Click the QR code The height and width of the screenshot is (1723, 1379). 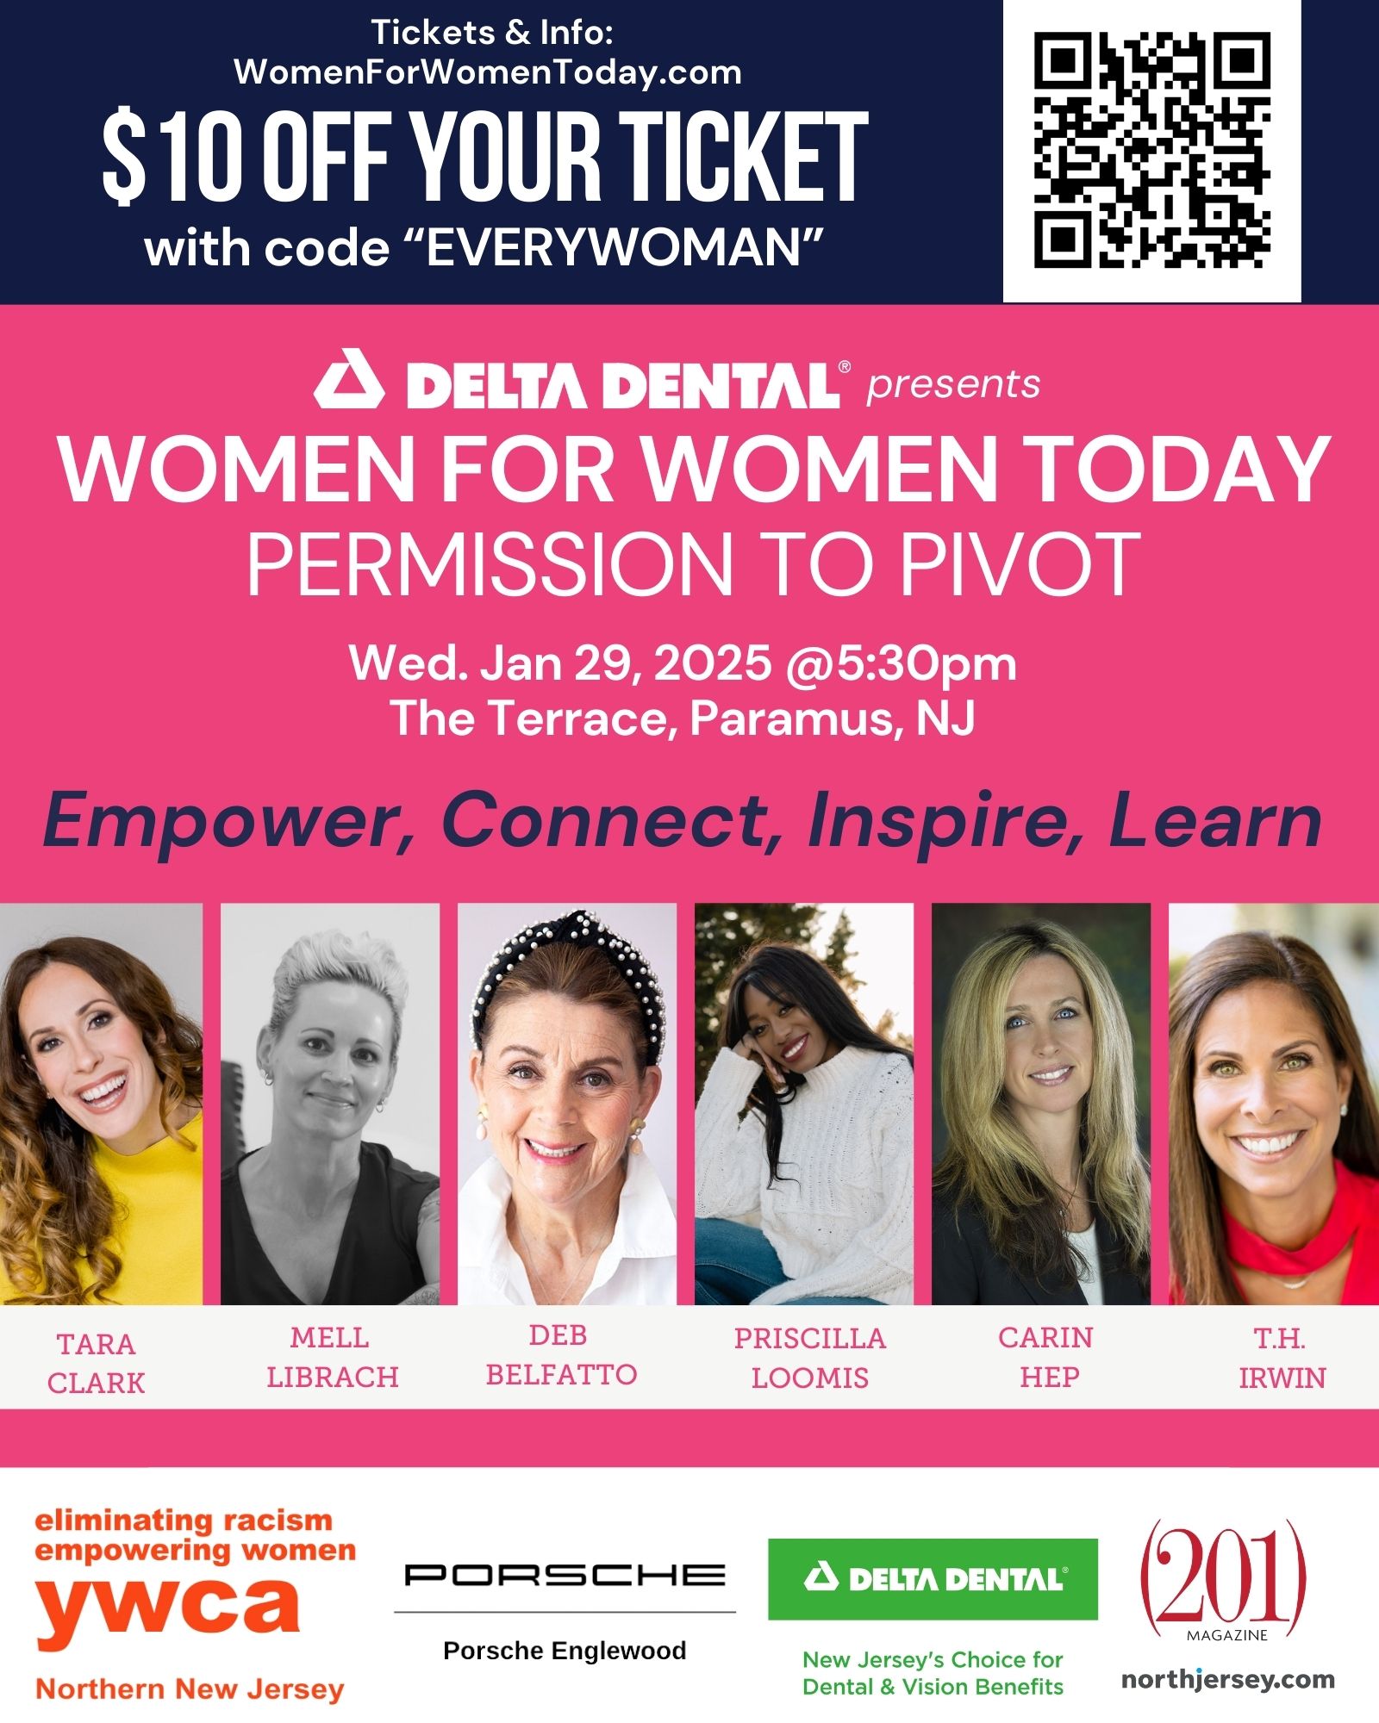[1152, 151]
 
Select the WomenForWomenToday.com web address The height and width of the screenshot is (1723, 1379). [488, 72]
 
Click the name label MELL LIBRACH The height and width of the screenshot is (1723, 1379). [332, 1358]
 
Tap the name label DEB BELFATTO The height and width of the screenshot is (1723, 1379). [561, 1355]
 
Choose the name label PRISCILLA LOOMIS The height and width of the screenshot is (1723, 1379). [809, 1358]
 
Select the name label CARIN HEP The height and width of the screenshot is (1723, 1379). [1046, 1358]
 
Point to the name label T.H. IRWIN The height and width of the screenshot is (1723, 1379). [1282, 1359]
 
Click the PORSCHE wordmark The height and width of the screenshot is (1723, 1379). [565, 1575]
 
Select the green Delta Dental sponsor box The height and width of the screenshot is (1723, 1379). [933, 1579]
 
